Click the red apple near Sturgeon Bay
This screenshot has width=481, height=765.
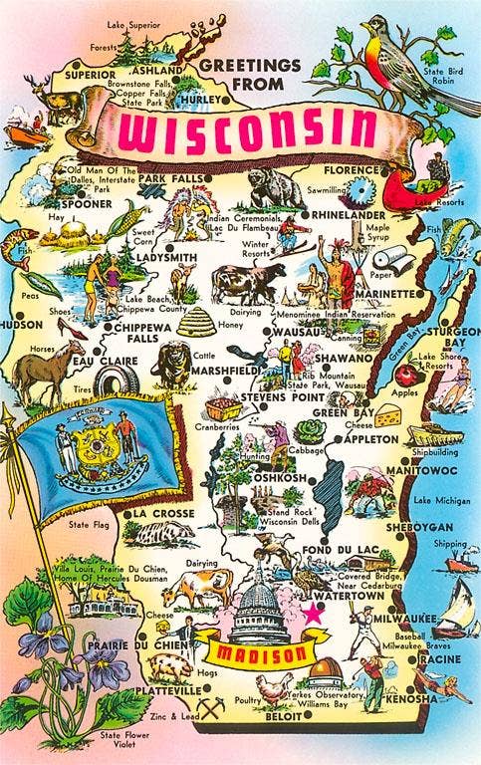[x=404, y=375]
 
